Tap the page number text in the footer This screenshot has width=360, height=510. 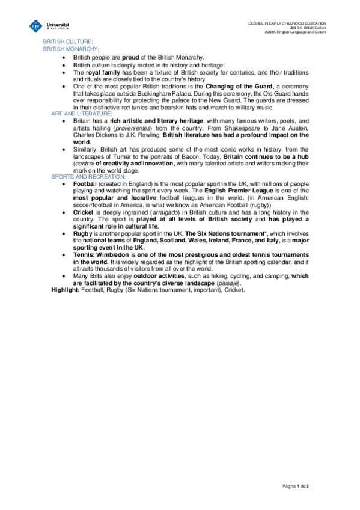click(x=307, y=485)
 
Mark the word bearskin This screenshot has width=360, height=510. click(x=185, y=108)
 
